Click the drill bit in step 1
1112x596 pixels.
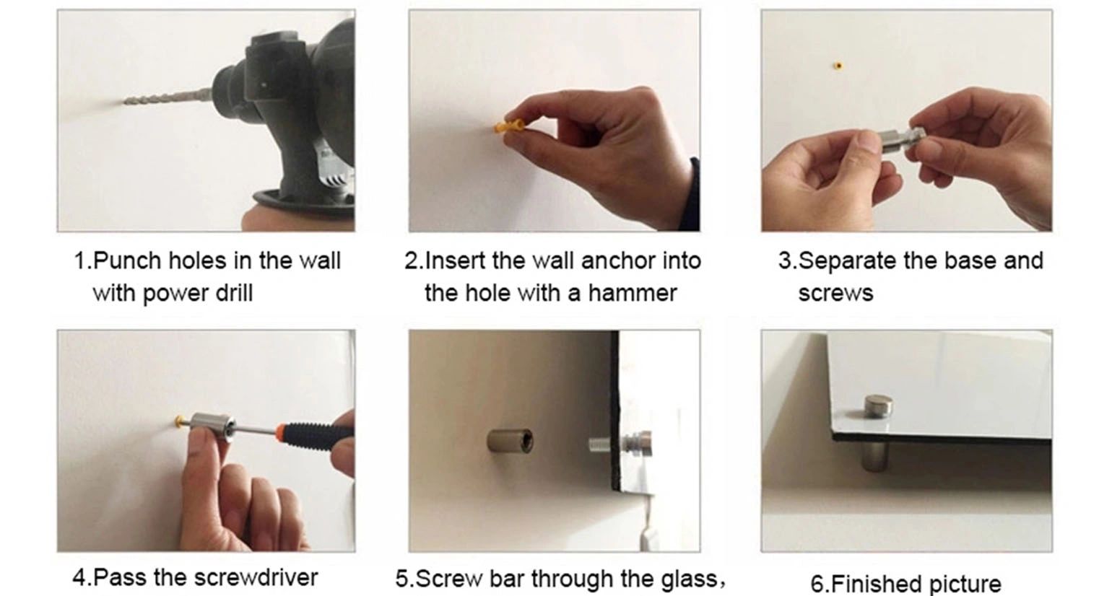[169, 97]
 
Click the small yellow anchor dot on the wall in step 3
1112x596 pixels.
[838, 66]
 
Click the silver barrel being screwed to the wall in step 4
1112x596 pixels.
[212, 426]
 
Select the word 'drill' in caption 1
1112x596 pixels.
[234, 293]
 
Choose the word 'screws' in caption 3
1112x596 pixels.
[836, 294]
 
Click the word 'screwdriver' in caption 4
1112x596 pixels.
[256, 578]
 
